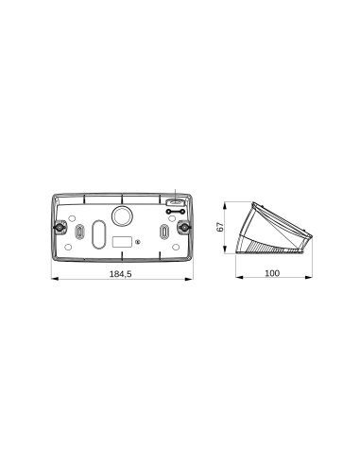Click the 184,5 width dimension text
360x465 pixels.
coord(120,273)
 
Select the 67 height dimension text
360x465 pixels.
coord(219,227)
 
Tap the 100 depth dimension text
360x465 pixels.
coord(272,273)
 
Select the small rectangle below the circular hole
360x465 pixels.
coord(122,241)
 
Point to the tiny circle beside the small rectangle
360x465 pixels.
coord(138,242)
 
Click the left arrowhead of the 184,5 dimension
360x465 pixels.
coord(52,280)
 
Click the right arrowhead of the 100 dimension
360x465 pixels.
coord(312,280)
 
